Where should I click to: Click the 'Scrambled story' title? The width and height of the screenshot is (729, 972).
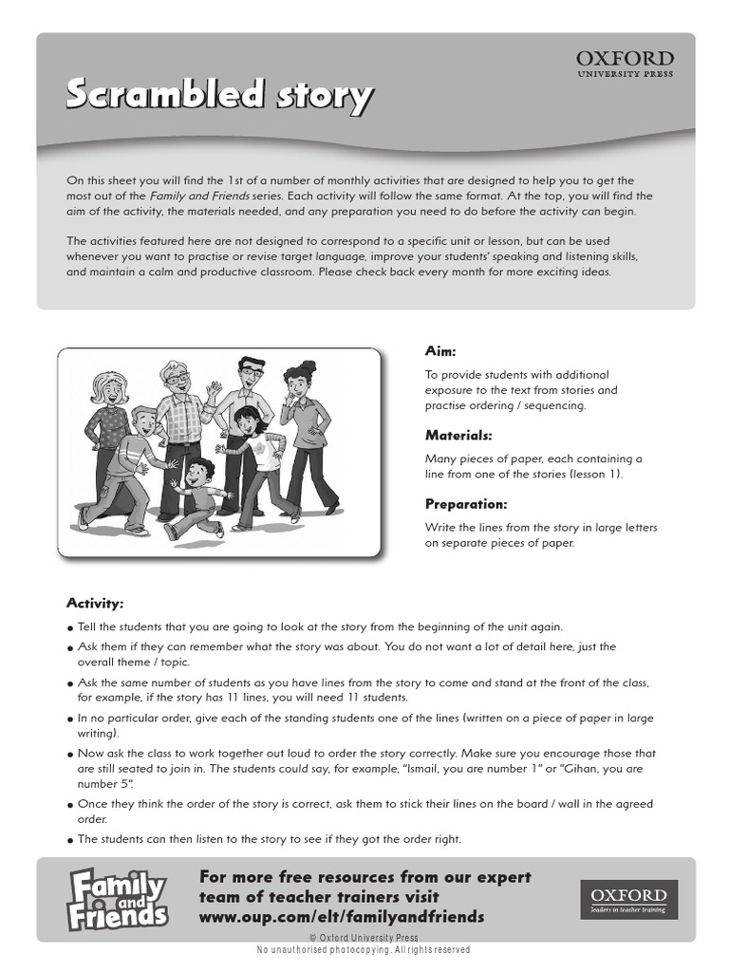point(219,95)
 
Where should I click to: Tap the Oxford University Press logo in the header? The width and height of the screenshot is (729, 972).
point(625,65)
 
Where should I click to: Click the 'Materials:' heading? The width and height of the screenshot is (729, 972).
point(458,436)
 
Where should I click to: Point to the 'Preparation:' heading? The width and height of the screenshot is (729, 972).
point(466,504)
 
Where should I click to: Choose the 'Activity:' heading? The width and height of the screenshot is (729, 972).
point(95,604)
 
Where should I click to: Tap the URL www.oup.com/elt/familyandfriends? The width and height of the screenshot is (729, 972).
point(342,917)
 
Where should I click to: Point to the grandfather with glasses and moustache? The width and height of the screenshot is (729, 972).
point(179,418)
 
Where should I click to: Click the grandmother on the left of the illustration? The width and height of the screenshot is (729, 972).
point(107,418)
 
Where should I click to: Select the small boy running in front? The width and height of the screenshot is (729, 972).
point(197,494)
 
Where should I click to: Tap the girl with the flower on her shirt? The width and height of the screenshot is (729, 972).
point(252,456)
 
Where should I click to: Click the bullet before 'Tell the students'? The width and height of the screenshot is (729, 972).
point(70,627)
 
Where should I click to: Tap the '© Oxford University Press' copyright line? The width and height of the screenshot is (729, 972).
point(364,938)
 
